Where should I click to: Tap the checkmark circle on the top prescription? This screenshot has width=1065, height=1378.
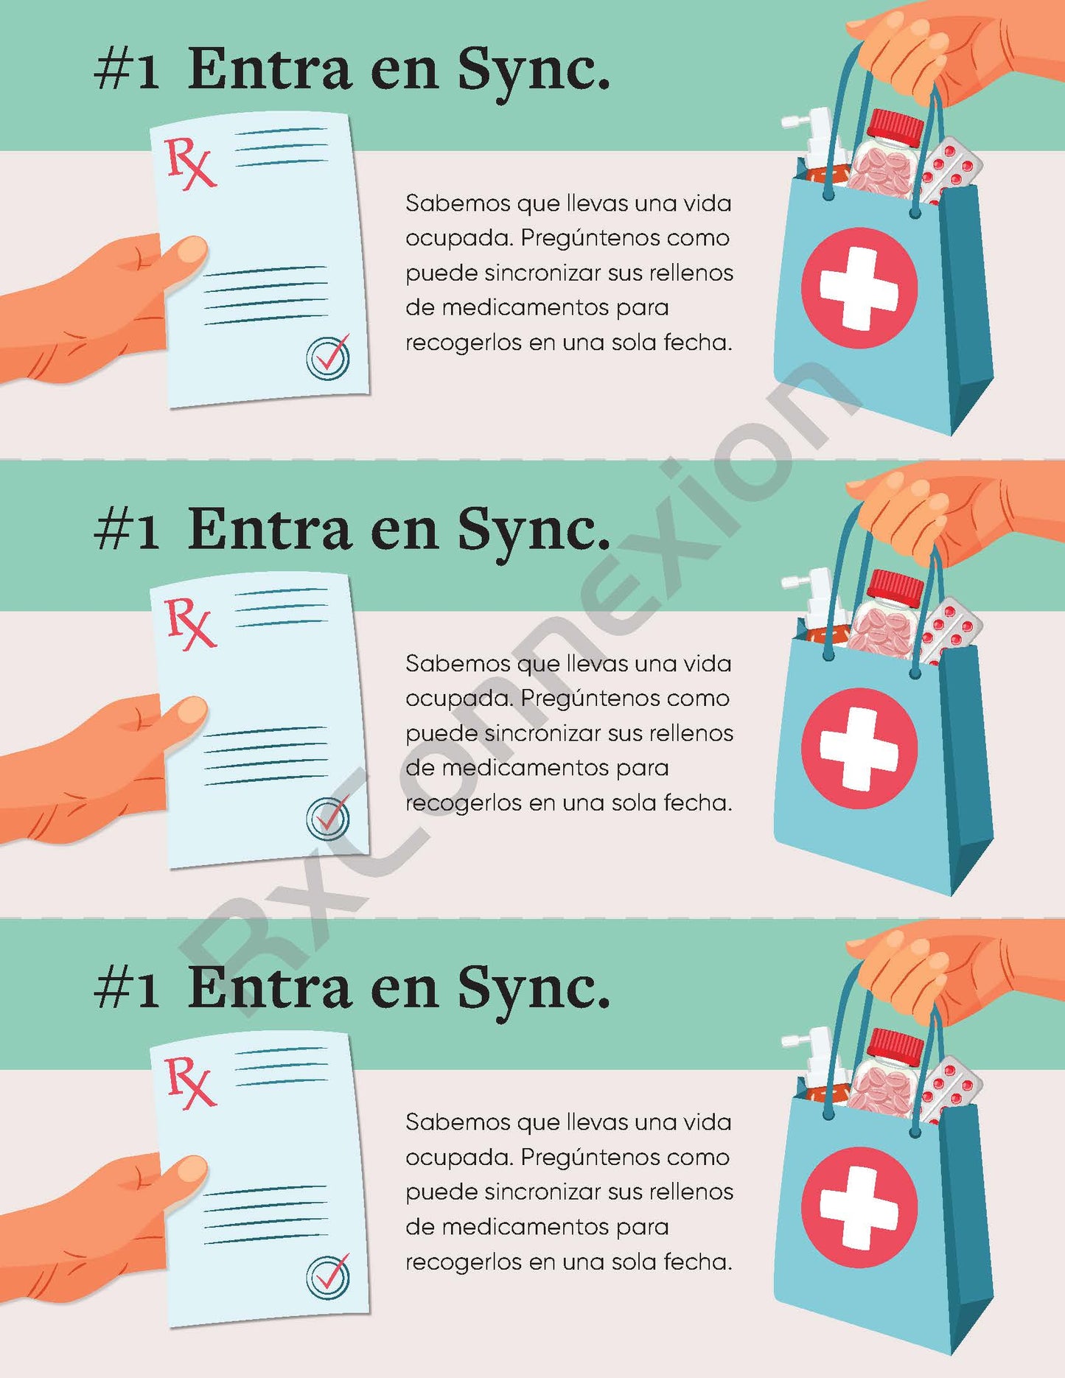(x=328, y=357)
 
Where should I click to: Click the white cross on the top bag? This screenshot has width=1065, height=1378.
(x=859, y=287)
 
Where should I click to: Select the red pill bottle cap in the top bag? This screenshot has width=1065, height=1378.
(x=896, y=127)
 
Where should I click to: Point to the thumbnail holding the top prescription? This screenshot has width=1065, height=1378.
(x=190, y=251)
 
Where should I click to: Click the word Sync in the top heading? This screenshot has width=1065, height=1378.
(x=532, y=71)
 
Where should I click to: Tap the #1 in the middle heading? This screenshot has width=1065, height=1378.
(x=127, y=531)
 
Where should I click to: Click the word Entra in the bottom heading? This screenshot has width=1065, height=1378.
(x=270, y=988)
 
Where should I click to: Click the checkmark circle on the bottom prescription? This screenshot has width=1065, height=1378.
(x=328, y=1277)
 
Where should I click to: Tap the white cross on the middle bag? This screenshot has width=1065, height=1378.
(x=859, y=747)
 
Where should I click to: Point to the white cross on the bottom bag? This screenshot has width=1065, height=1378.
(x=859, y=1206)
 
